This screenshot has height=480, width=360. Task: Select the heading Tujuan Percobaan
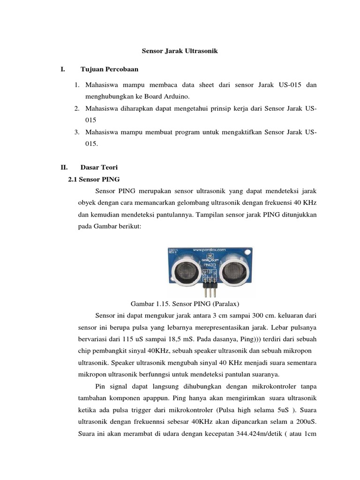click(x=109, y=69)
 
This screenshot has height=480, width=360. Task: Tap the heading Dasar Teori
click(x=99, y=167)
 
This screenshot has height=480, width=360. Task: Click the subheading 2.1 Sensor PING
click(x=94, y=179)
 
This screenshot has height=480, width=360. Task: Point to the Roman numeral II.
click(x=64, y=167)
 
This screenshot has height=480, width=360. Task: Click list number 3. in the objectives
click(x=77, y=133)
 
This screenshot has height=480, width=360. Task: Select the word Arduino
click(x=176, y=97)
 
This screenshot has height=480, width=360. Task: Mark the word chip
click(x=86, y=351)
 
